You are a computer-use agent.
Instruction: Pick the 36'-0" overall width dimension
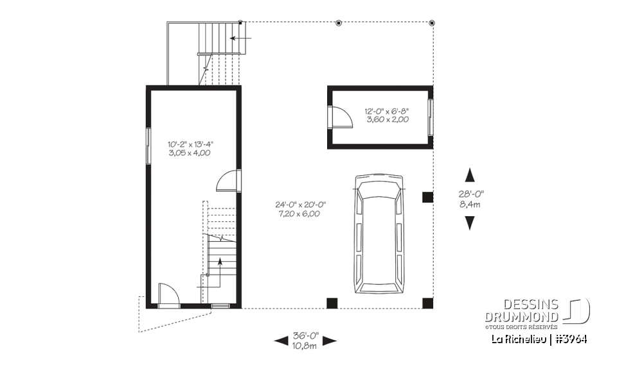[x=305, y=340]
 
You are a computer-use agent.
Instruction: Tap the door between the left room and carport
[x=228, y=182]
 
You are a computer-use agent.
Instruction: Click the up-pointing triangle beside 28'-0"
[x=470, y=174]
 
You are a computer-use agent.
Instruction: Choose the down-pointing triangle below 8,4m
[x=470, y=223]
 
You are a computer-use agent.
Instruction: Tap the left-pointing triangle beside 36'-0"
[x=281, y=341]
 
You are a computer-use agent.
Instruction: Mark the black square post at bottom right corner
[x=427, y=303]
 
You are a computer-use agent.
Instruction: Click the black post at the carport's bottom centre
[x=332, y=303]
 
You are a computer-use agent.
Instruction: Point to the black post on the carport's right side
[x=427, y=197]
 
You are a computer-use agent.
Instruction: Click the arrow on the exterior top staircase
[x=241, y=39]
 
